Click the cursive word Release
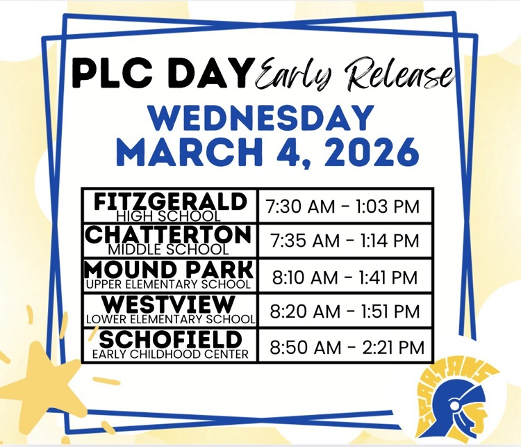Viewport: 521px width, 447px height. [397, 74]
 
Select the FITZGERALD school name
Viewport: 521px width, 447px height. [169, 202]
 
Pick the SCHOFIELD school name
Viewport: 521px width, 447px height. [169, 340]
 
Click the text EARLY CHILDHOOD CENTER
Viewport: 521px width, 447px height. [169, 354]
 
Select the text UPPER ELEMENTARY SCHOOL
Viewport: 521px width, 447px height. [169, 284]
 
